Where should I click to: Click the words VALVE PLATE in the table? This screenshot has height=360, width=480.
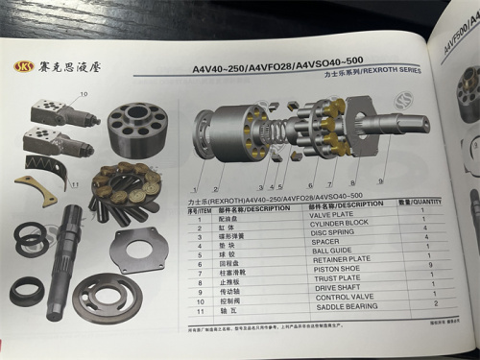335,215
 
